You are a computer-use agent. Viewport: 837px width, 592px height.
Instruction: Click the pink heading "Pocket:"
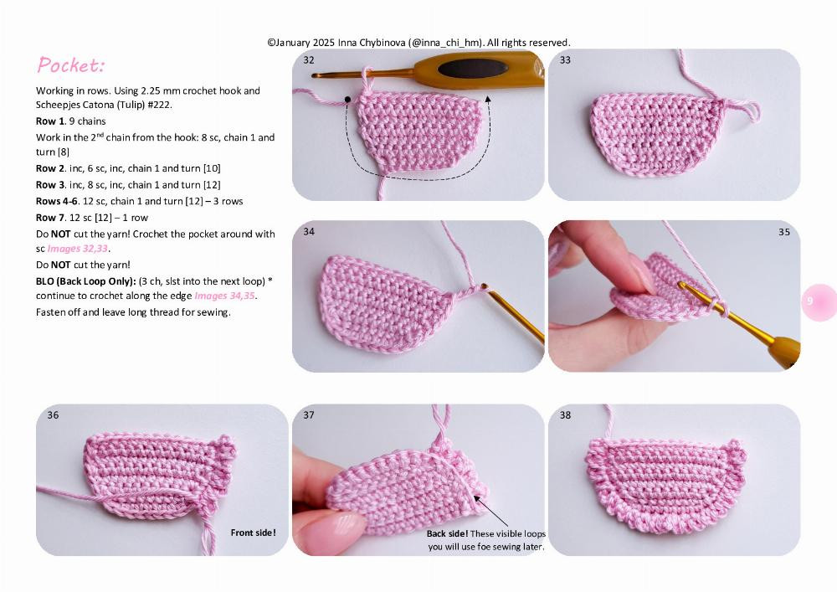[71, 65]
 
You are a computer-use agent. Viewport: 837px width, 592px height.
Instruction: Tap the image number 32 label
[309, 60]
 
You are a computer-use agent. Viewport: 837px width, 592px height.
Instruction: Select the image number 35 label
[783, 232]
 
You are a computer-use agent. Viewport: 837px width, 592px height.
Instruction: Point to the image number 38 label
[565, 415]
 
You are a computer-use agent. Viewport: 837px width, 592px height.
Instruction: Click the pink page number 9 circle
[810, 301]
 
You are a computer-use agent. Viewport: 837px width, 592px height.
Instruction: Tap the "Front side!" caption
[253, 532]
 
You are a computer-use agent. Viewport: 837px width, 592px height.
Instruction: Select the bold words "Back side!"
[447, 534]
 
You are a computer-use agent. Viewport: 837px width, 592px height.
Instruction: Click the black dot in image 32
[347, 100]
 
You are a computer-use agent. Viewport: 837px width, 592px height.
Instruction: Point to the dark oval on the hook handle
[473, 69]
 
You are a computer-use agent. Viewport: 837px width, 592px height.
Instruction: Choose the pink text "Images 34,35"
[225, 296]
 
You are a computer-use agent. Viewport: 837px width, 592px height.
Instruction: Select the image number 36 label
[53, 415]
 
